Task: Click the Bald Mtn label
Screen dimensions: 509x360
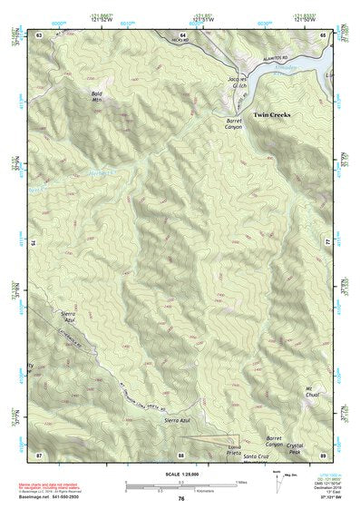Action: (97, 96)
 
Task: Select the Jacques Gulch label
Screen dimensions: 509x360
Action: (237, 83)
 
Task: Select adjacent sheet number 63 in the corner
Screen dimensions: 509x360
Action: (39, 34)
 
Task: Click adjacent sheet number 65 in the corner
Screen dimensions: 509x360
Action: (324, 34)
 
